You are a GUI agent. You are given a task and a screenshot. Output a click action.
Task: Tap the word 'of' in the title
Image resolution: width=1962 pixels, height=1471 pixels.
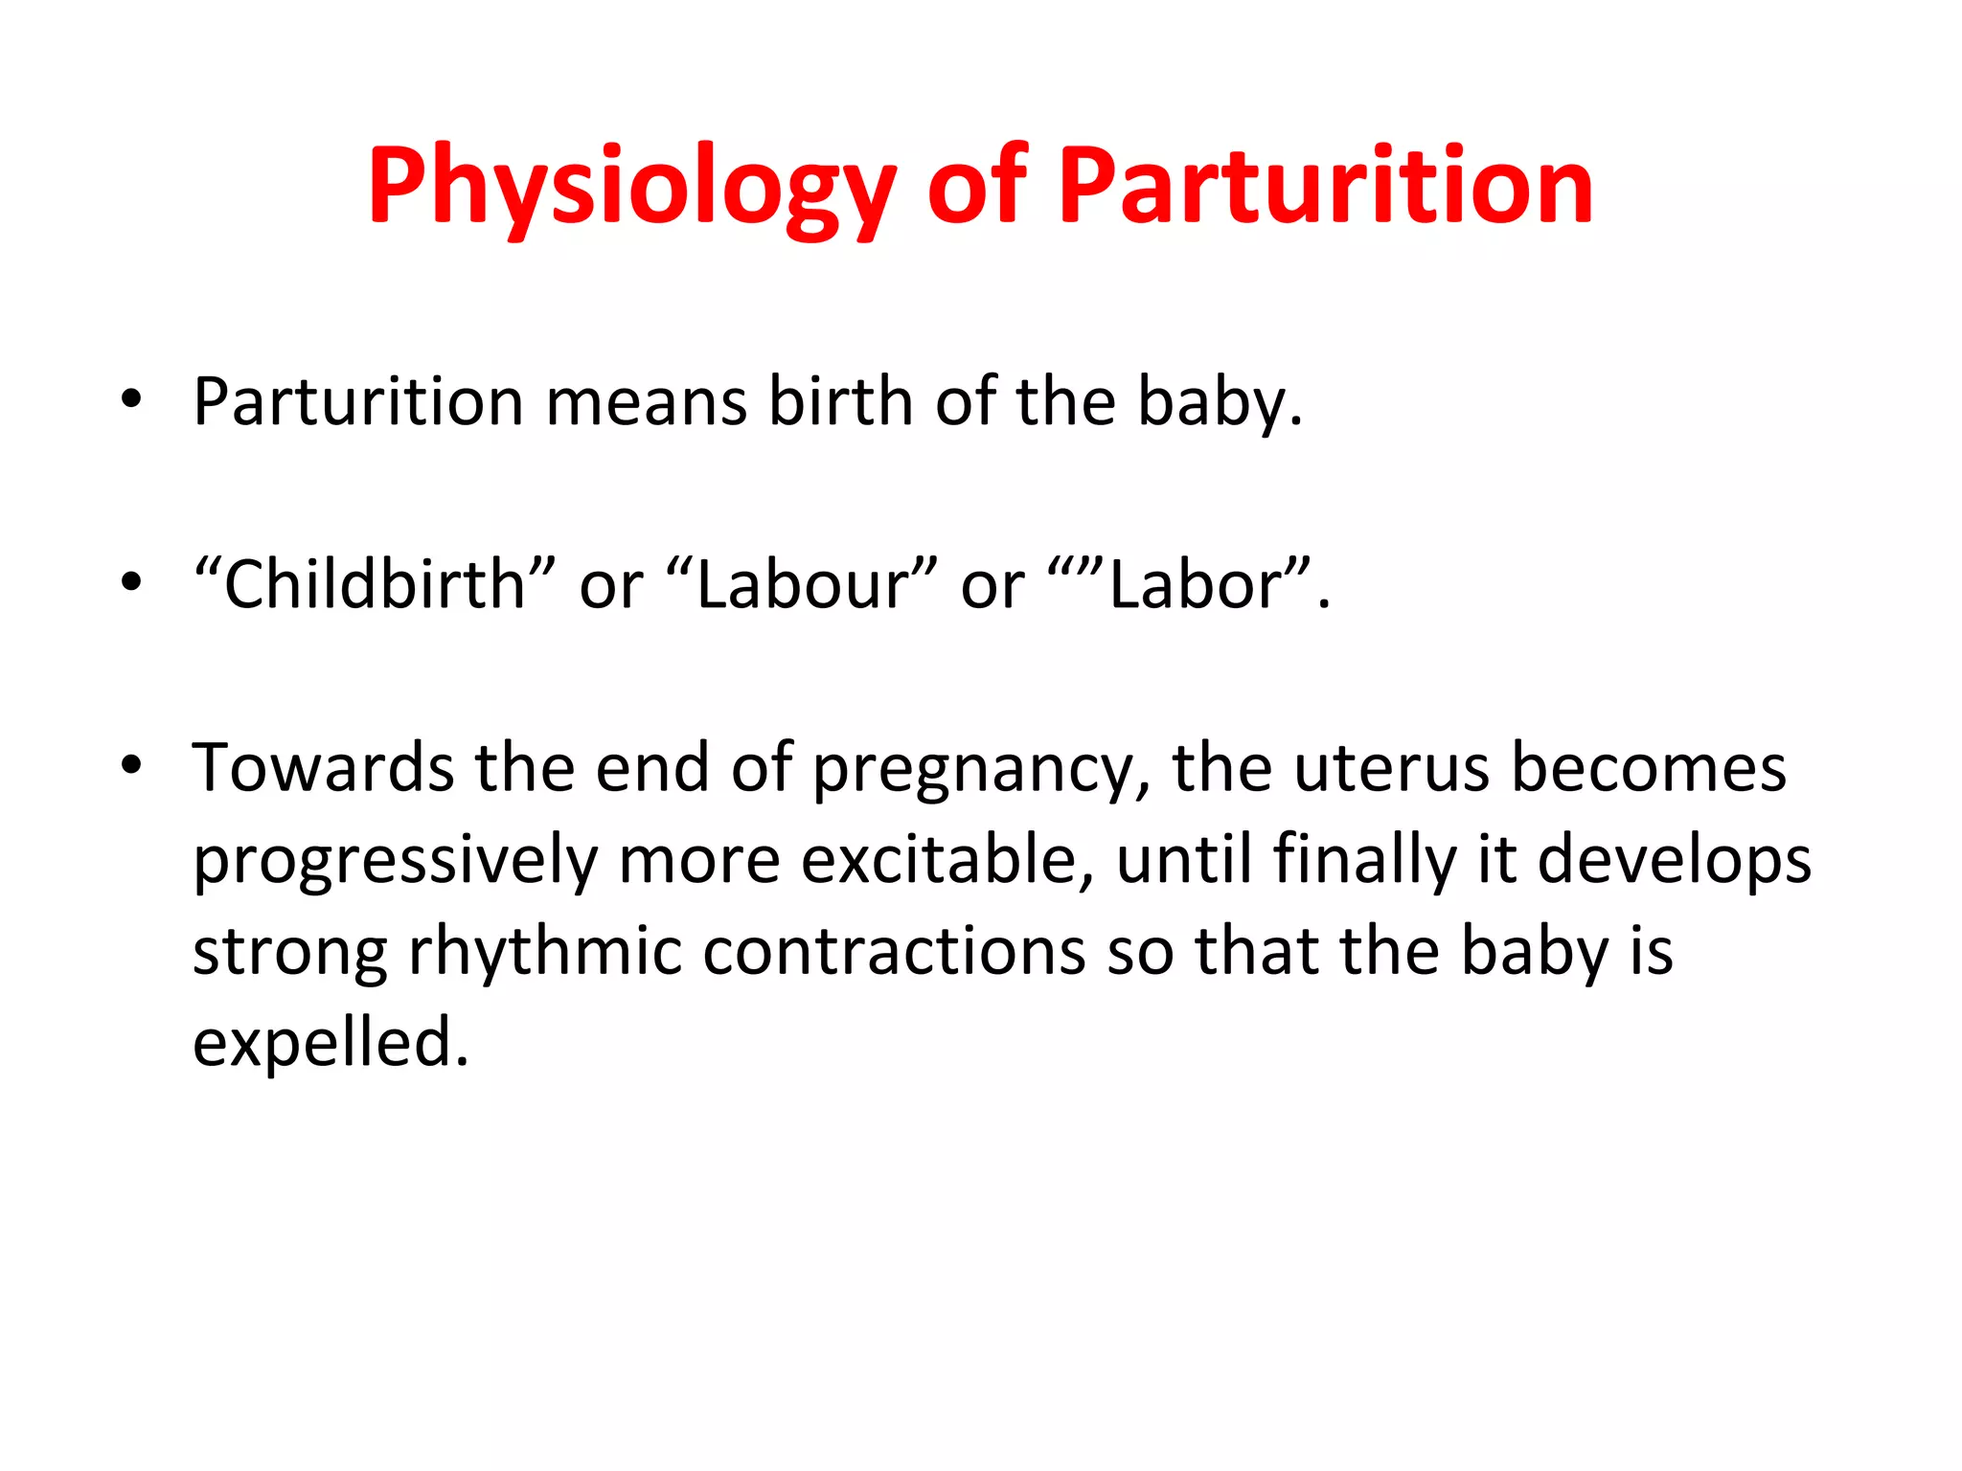tap(976, 187)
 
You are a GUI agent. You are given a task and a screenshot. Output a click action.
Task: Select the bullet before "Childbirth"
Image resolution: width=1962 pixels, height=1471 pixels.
tap(131, 581)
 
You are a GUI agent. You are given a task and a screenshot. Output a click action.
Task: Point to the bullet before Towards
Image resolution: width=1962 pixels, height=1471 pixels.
tap(131, 765)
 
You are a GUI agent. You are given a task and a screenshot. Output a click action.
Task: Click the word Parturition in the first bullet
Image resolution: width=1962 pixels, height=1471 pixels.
tap(357, 401)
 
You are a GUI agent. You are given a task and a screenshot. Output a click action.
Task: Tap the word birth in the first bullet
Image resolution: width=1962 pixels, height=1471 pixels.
tap(840, 401)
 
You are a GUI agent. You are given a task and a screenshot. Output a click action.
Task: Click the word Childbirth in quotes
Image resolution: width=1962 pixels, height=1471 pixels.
tap(374, 585)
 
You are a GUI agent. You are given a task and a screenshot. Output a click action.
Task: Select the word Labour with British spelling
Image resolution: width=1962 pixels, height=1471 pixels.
tap(800, 585)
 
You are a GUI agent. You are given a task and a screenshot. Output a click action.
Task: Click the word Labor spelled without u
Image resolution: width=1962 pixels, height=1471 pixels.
tap(1194, 585)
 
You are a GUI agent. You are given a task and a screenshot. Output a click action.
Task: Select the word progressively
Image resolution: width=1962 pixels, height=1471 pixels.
tap(395, 861)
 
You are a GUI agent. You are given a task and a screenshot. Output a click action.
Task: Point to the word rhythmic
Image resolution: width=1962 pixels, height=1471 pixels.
tap(544, 952)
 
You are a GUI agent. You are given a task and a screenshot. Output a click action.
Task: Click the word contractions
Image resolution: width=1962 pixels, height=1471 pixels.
tap(894, 952)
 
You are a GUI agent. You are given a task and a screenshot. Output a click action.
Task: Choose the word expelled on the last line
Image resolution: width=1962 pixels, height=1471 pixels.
tap(331, 1044)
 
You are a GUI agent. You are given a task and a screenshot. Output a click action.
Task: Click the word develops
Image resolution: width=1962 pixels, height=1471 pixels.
tap(1674, 861)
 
